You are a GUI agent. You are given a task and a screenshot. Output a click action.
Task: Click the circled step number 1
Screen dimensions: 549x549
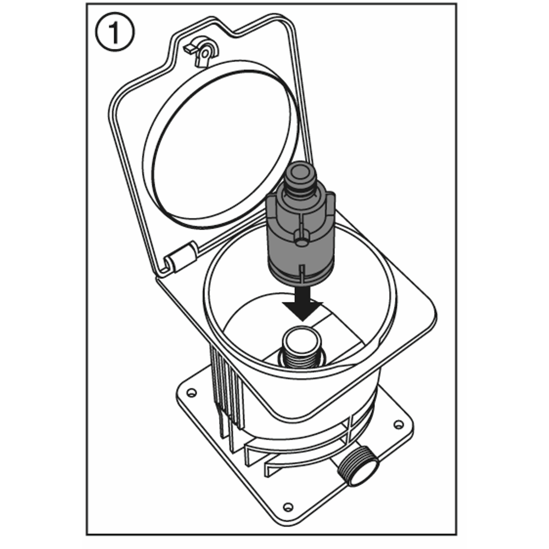[115, 32]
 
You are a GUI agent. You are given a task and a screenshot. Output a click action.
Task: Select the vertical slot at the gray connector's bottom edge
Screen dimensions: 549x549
[301, 273]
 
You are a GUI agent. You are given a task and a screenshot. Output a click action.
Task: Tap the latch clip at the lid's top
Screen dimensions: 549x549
[202, 50]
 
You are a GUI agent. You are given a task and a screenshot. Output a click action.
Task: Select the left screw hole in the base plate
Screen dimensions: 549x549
[191, 393]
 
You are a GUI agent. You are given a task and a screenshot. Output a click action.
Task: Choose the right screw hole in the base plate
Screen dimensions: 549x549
[399, 425]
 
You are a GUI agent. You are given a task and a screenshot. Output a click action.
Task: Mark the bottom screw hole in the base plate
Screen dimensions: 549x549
[288, 507]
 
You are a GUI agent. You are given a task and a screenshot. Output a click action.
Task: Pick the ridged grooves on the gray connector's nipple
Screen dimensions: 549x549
[300, 189]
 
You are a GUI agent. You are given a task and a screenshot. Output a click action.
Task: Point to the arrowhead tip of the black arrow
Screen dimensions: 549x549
[303, 321]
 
